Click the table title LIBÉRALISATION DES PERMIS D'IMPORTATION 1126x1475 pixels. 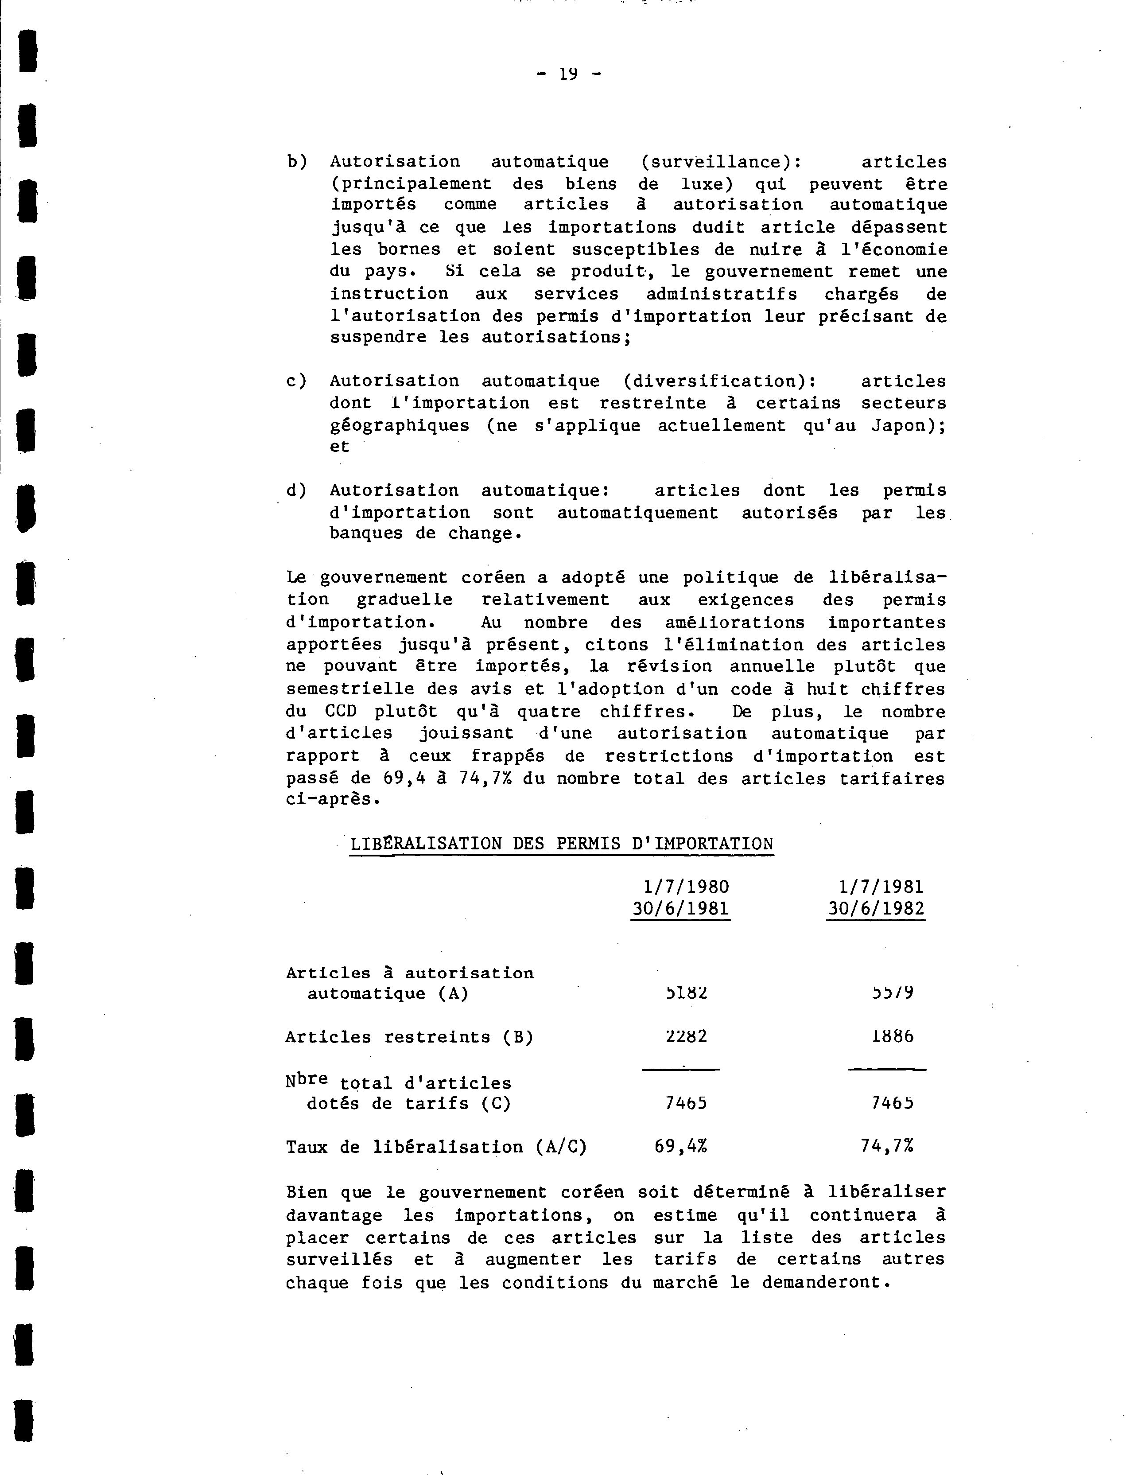(562, 844)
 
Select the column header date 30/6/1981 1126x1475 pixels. (680, 909)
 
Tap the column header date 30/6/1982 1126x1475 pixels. (876, 909)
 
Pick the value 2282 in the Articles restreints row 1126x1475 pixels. (686, 1036)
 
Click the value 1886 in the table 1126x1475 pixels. (893, 1036)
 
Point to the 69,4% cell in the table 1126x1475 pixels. (681, 1147)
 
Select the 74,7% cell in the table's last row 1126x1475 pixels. (887, 1147)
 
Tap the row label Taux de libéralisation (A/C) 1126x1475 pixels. (436, 1147)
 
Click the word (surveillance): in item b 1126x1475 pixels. (721, 162)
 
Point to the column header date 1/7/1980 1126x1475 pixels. (686, 887)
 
